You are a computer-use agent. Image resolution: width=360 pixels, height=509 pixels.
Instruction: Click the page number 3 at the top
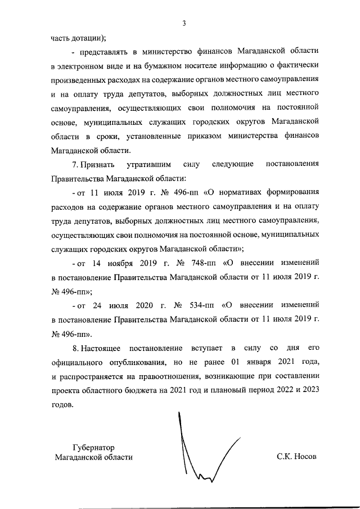184,23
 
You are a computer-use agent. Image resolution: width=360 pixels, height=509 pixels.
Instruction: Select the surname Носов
304,457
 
